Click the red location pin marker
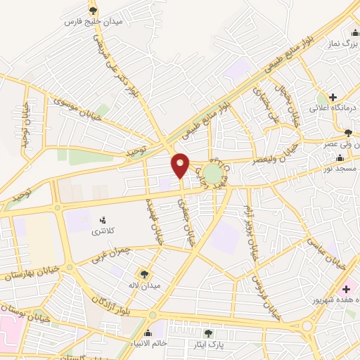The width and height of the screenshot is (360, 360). click(x=181, y=165)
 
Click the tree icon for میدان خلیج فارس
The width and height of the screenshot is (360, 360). click(x=94, y=10)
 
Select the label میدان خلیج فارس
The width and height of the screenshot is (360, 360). click(x=94, y=22)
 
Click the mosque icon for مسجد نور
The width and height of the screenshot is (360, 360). click(x=340, y=157)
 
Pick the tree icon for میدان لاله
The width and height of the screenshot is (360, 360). click(x=145, y=274)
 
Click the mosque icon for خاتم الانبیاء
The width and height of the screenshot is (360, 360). click(x=148, y=333)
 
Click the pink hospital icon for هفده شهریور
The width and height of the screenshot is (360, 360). click(x=346, y=288)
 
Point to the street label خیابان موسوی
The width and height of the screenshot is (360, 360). click(x=77, y=105)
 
